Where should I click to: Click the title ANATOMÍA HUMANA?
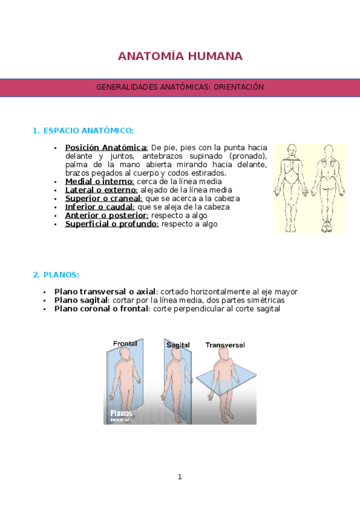tap(180, 57)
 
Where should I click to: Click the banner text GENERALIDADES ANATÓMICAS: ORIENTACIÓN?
tap(180, 87)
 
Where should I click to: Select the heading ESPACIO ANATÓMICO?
tap(88, 131)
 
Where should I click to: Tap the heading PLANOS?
tap(61, 275)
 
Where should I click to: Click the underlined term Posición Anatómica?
tap(106, 148)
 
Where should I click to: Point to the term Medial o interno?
tap(99, 182)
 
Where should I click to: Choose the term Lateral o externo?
tap(102, 190)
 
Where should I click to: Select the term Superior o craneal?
tap(103, 198)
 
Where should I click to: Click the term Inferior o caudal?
tap(100, 207)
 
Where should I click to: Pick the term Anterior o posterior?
tap(107, 215)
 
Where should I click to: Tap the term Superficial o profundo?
tap(112, 224)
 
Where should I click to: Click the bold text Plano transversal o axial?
tap(105, 292)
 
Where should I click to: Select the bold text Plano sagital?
tap(81, 300)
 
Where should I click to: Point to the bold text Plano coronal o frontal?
tap(102, 309)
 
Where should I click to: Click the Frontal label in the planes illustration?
tap(125, 343)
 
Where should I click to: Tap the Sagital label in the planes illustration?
tap(178, 345)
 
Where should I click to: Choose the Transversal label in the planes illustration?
tap(225, 345)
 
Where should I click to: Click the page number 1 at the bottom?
tap(180, 477)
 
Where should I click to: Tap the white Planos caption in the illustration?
tap(121, 413)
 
